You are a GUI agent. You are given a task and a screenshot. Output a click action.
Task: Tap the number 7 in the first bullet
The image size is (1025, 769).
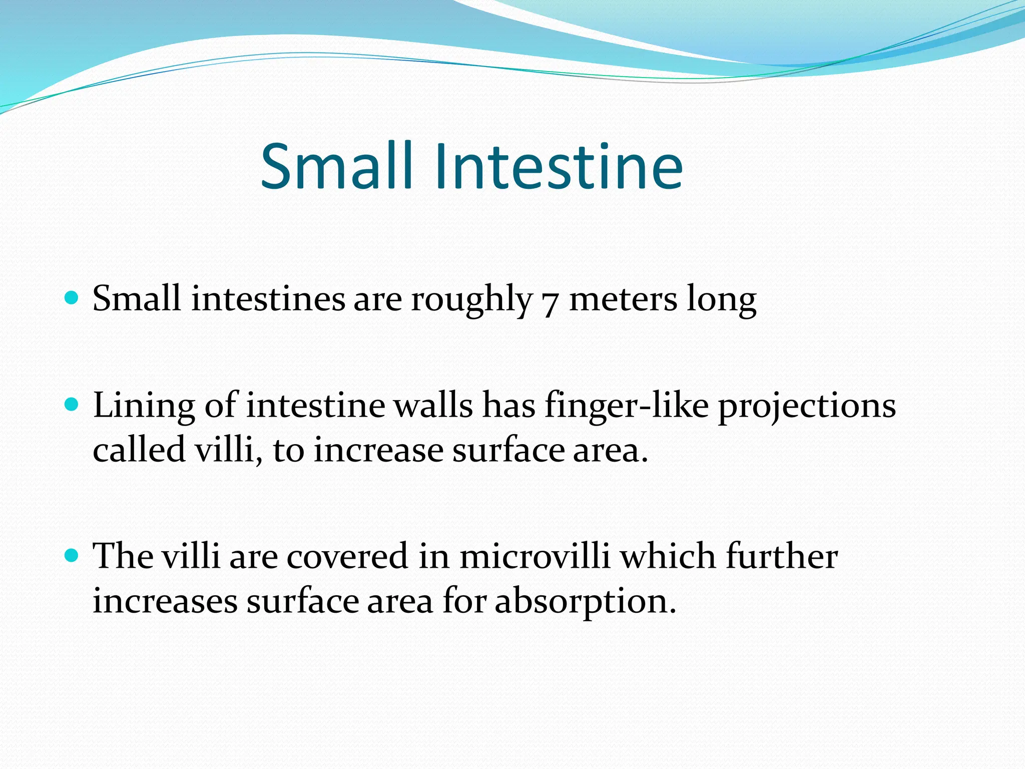tap(550, 302)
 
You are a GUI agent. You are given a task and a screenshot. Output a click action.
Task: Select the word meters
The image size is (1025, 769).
tap(623, 299)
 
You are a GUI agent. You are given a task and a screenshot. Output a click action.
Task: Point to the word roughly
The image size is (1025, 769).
tap(471, 300)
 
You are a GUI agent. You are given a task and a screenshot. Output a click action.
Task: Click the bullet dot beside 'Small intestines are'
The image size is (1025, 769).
tap(73, 298)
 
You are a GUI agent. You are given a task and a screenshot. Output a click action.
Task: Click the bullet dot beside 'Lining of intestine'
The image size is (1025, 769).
tap(73, 405)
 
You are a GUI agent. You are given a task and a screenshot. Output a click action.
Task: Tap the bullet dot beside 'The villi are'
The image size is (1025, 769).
tap(73, 555)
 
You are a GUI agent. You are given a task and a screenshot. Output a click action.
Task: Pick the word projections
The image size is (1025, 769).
tap(807, 406)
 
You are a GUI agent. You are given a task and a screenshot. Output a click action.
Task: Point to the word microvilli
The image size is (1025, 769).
tap(535, 556)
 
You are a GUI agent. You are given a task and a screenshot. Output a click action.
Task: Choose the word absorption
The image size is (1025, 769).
tap(585, 602)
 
